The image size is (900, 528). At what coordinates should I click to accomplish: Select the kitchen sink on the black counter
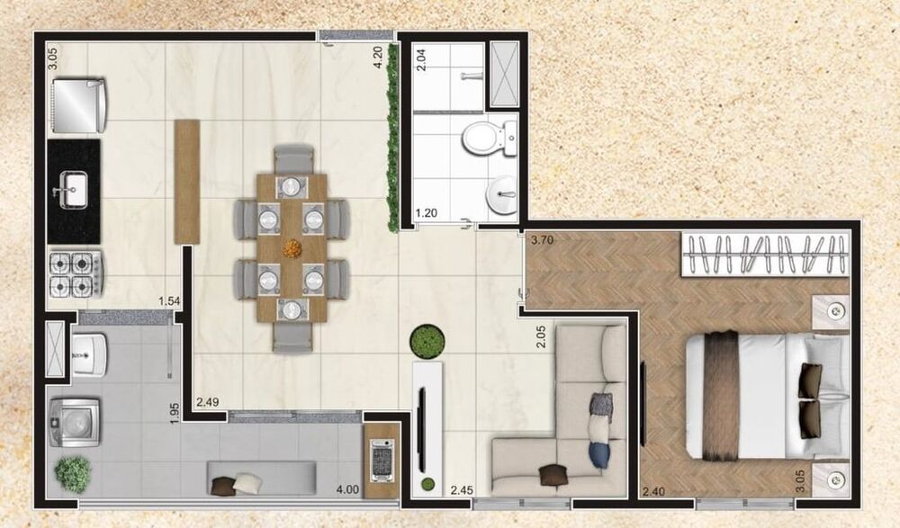tap(74, 189)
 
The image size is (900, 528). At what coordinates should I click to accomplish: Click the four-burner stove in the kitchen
tap(76, 273)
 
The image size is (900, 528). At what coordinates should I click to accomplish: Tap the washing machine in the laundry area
tap(76, 421)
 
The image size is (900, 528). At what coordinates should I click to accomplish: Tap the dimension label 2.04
tap(419, 59)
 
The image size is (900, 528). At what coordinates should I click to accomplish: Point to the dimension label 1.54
tap(169, 300)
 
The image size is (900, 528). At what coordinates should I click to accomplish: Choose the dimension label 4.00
tap(347, 490)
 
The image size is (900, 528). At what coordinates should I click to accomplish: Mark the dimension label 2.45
tap(463, 490)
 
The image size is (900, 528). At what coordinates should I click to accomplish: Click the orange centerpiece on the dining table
tap(292, 246)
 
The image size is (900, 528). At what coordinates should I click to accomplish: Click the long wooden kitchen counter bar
tap(187, 180)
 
